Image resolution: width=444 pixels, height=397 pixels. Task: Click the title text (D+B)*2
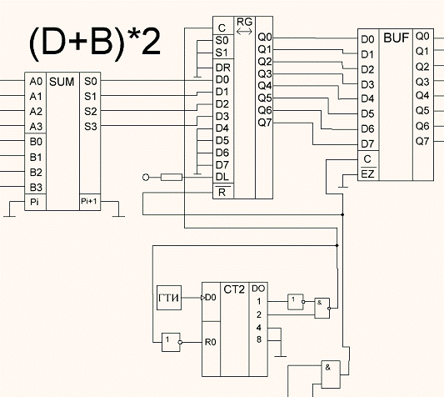(95, 43)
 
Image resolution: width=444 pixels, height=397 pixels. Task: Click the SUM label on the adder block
(62, 82)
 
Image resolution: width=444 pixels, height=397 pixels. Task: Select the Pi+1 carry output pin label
(89, 201)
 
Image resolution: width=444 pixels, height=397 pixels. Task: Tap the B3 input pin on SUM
(36, 188)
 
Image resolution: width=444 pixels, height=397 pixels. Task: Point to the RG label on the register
(244, 22)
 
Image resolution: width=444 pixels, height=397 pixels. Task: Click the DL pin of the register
(222, 177)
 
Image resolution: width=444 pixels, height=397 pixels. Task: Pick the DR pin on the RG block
(223, 68)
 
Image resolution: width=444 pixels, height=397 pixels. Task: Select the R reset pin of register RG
(222, 193)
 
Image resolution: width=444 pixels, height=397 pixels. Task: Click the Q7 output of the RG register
(265, 123)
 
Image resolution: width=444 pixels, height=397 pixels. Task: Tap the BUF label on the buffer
(397, 38)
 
